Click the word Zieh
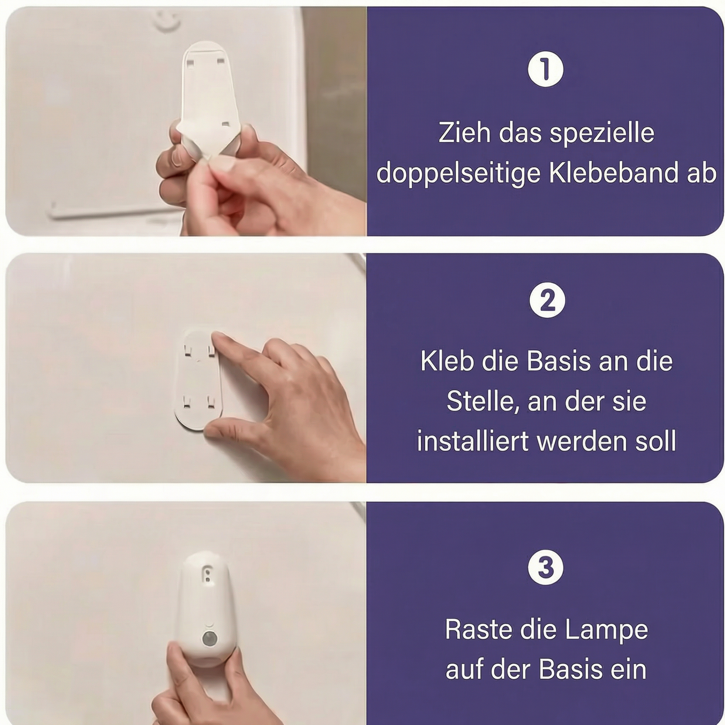[x=464, y=132]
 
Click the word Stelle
[x=483, y=401]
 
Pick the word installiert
[x=473, y=441]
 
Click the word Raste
[x=478, y=629]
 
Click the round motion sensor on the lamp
[x=209, y=638]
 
